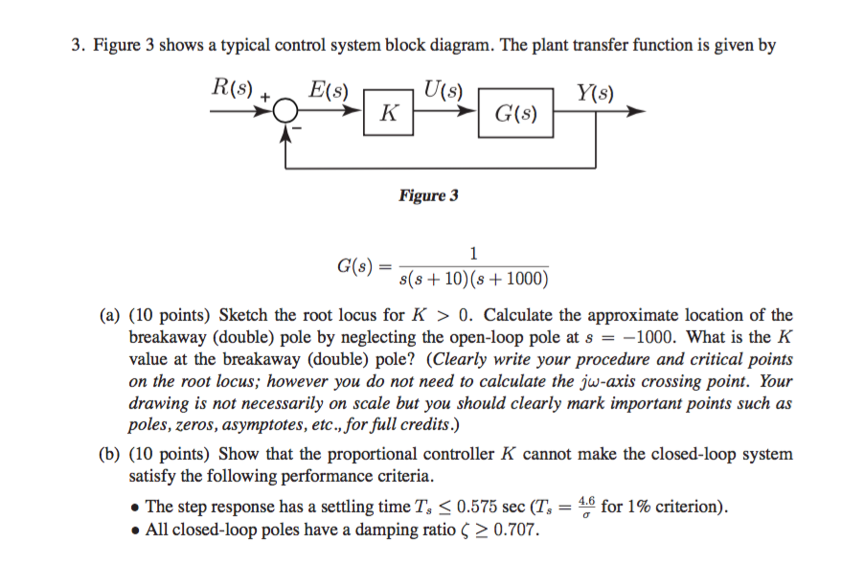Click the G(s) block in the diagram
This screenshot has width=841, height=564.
point(515,115)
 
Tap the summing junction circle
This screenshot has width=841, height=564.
point(284,113)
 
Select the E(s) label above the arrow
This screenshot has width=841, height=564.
point(330,92)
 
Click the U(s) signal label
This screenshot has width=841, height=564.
point(443,92)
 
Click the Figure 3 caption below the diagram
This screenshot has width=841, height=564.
point(428,195)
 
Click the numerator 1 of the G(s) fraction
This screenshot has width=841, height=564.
point(473,254)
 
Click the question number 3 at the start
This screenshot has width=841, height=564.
point(78,45)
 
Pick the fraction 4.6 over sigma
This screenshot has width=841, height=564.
point(588,506)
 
